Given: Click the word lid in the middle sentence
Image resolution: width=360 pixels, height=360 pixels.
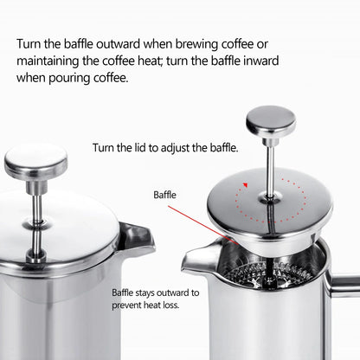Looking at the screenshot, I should [139, 148].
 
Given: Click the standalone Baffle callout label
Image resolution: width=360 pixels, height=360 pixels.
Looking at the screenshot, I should [164, 196].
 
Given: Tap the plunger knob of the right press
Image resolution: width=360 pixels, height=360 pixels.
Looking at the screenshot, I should [270, 120].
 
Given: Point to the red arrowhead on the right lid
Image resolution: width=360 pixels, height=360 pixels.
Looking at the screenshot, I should [246, 184].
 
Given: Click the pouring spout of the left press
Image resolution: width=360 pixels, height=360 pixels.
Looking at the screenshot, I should [136, 235].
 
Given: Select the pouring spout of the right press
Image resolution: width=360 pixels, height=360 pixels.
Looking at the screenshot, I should [197, 254].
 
